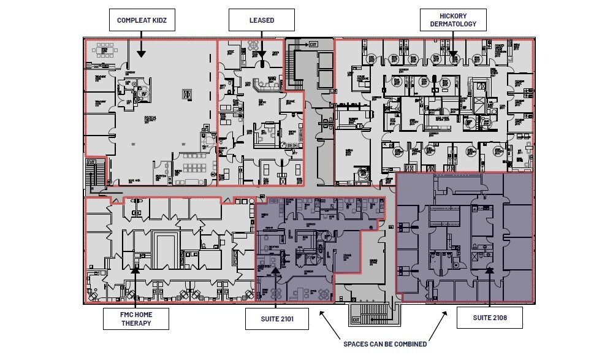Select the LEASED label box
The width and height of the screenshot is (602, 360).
[261, 20]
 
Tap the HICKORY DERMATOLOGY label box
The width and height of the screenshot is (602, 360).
[453, 20]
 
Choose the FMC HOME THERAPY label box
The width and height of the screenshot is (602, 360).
[135, 319]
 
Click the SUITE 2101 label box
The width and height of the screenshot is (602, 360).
[275, 319]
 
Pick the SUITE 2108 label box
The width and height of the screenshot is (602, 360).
[489, 318]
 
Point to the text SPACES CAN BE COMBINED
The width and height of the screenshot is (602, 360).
[384, 344]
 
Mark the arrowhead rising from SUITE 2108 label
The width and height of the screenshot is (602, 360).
[489, 269]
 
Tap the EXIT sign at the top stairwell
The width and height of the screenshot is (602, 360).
[313, 44]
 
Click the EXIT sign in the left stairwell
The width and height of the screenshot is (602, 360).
[91, 162]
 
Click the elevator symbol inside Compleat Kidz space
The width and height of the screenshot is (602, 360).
[188, 94]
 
